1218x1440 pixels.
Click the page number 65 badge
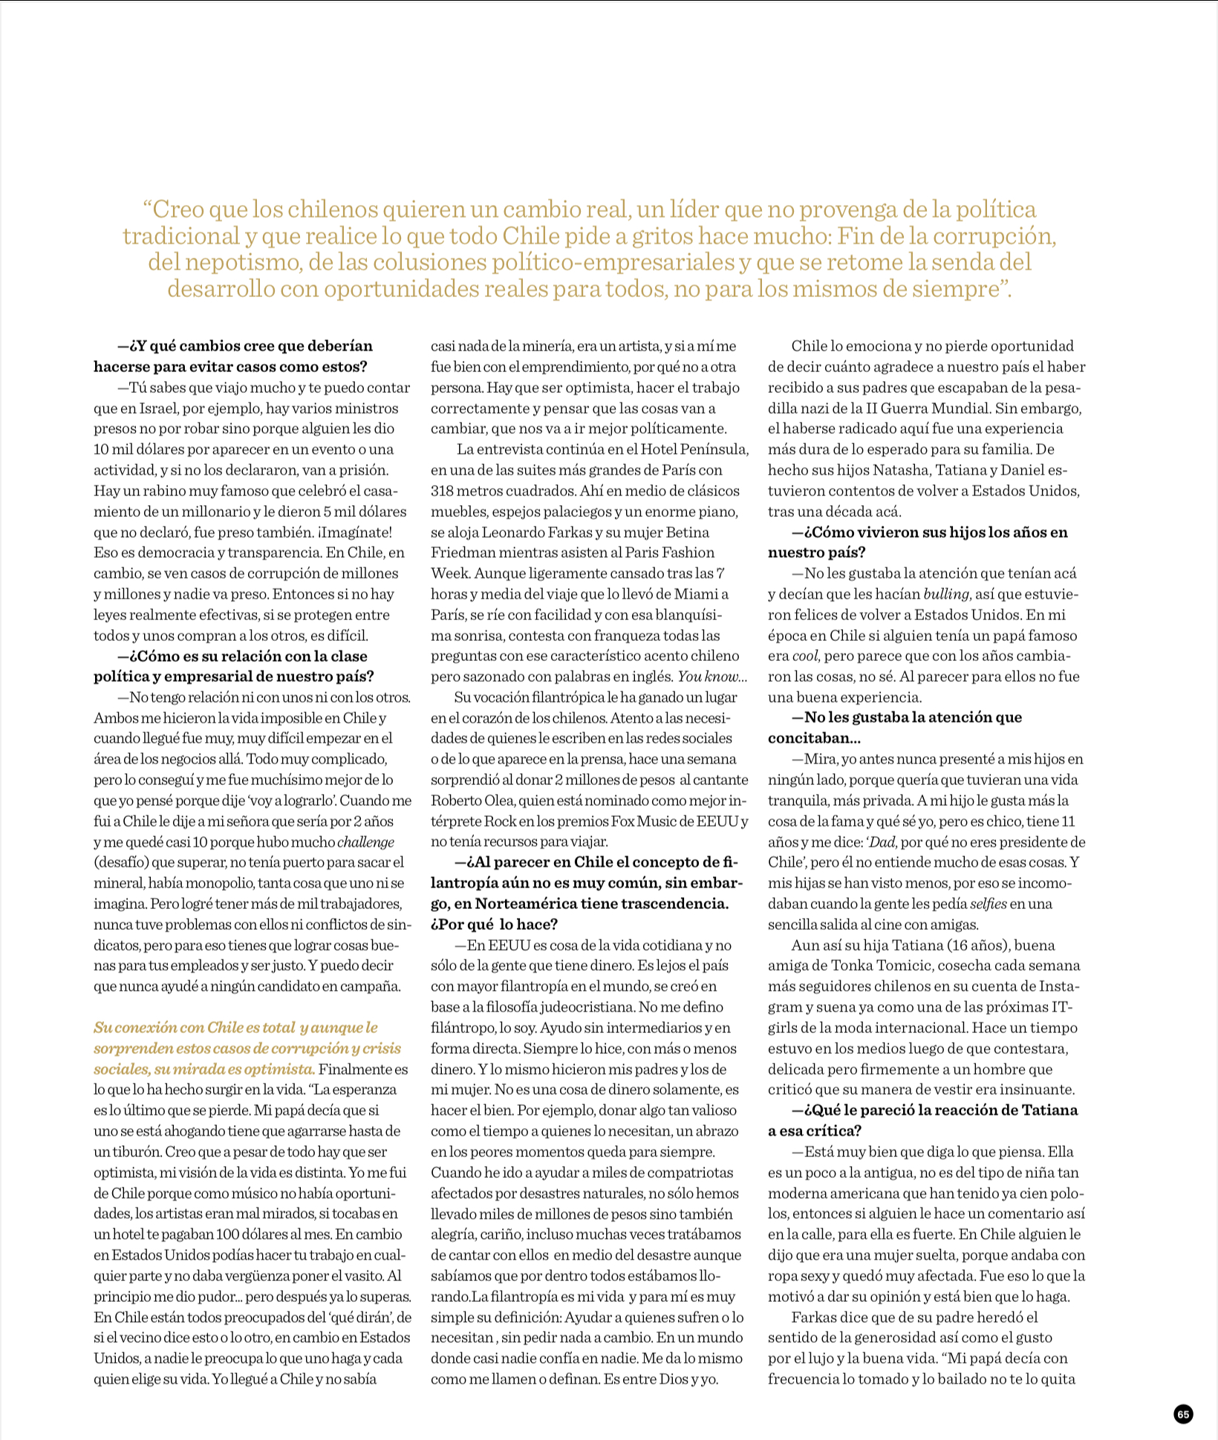coord(1183,1414)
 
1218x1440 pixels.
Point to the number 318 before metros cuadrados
coord(443,491)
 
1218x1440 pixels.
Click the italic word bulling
coord(945,594)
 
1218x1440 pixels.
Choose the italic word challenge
coord(366,842)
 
